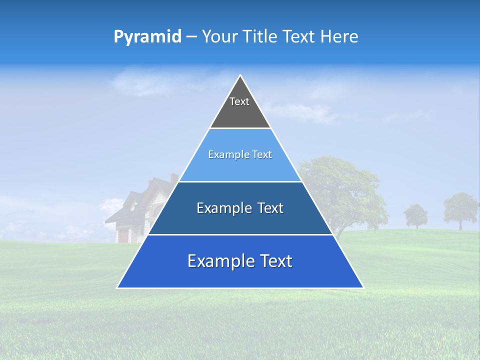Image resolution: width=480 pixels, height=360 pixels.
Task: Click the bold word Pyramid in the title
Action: click(147, 37)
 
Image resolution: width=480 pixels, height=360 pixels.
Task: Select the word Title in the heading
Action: click(263, 37)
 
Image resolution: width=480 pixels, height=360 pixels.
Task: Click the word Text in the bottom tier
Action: click(272, 261)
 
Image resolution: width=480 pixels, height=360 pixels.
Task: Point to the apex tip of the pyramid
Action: click(240, 76)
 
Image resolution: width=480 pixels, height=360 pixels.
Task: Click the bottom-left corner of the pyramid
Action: click(118, 287)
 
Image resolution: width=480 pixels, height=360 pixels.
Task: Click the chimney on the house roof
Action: click(173, 177)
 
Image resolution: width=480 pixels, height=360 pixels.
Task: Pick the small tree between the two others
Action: click(416, 215)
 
